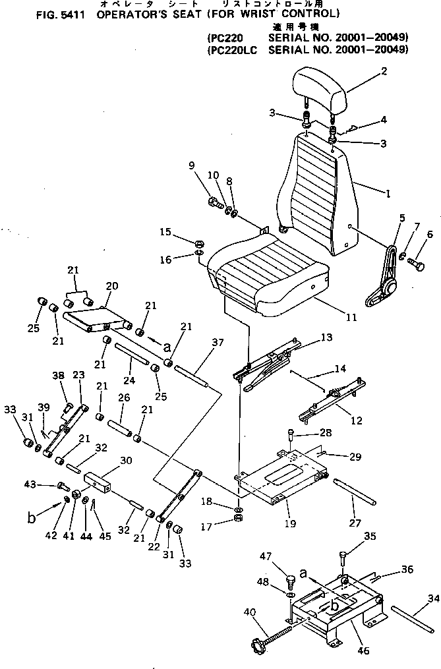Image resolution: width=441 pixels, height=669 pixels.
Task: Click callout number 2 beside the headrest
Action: pyautogui.click(x=384, y=71)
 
